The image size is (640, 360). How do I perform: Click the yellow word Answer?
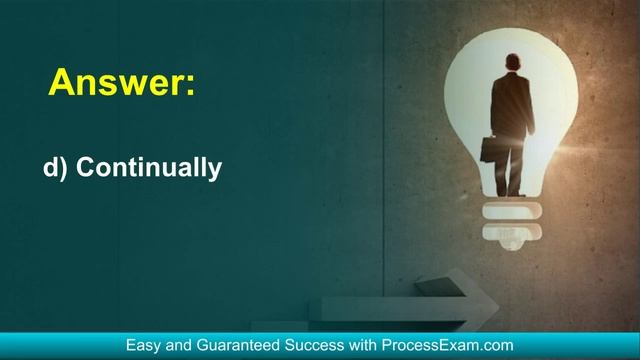pos(113,82)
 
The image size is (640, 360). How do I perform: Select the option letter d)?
pos(55,169)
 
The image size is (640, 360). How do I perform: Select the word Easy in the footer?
pos(144,345)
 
